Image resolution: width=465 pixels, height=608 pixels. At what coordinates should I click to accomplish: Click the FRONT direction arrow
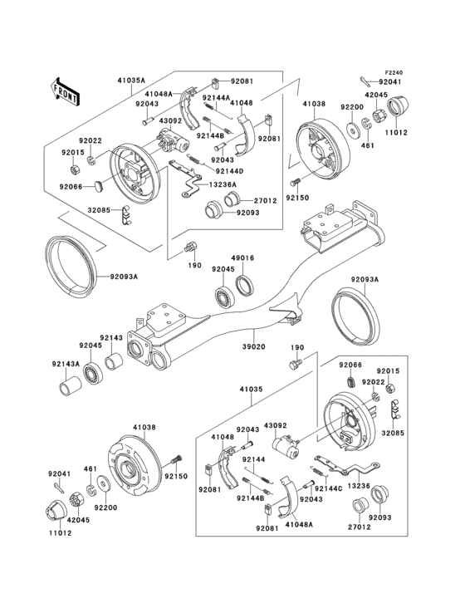coord(65,87)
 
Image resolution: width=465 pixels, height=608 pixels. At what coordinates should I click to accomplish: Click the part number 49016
coord(243,257)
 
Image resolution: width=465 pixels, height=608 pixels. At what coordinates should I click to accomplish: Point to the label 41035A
coord(131,81)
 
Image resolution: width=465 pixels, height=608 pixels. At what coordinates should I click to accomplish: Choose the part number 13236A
coord(222,184)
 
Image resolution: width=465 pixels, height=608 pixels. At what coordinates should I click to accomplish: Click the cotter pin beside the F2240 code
coord(366,80)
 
